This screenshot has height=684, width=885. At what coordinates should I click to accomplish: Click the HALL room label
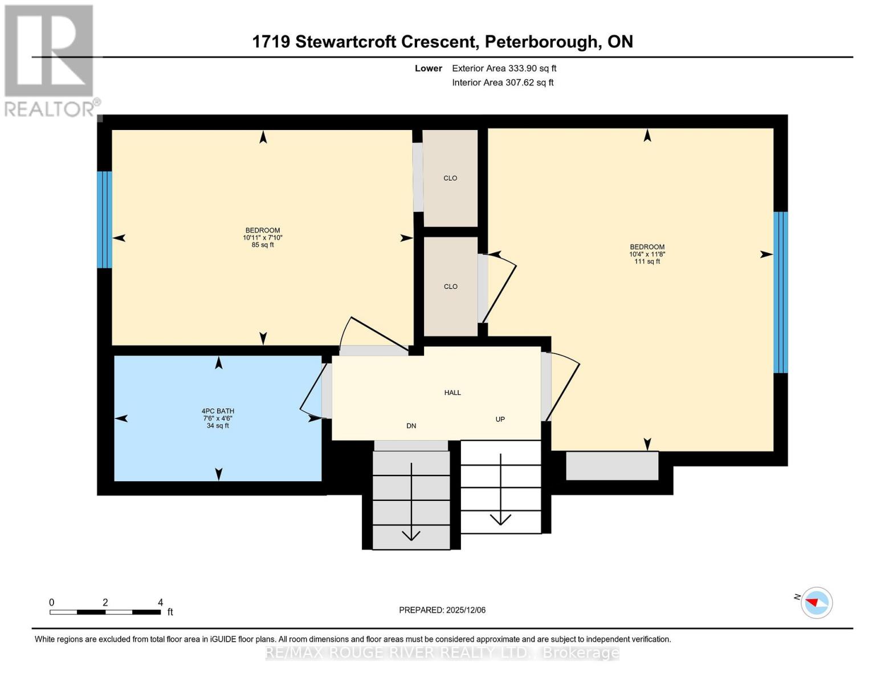pos(452,393)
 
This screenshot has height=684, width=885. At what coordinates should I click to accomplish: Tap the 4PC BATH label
pos(218,411)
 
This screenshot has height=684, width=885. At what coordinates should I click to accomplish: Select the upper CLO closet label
pos(450,178)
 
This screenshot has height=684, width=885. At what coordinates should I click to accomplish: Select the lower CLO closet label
pos(450,287)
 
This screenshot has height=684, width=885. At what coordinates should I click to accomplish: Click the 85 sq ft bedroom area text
pos(263,245)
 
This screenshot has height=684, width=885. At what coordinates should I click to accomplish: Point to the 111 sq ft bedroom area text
pos(647,262)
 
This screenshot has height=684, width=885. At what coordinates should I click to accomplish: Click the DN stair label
pos(411,426)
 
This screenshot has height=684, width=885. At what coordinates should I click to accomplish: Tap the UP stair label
pos(500,420)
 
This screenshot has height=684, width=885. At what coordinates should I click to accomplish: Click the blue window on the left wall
pos(104,219)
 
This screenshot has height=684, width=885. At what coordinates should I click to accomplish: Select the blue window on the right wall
pos(780,292)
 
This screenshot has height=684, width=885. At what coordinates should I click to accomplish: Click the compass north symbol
pos(817,602)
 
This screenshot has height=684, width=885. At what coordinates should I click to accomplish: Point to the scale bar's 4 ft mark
pos(160,603)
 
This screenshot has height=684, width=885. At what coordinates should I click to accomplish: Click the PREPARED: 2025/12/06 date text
pos(442,610)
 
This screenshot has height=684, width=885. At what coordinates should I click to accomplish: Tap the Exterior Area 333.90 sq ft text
pos(504,68)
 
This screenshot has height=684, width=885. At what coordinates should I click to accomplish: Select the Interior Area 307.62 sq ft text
pos(503,83)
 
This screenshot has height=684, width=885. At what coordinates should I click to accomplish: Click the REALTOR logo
pos(50,60)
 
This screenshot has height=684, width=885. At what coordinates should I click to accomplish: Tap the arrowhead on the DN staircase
pos(411,535)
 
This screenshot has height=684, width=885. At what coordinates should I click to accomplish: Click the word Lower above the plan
pos(428,68)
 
